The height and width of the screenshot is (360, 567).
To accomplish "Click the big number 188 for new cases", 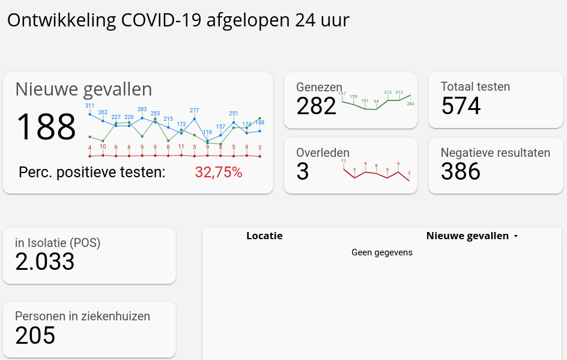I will pyautogui.click(x=46, y=127).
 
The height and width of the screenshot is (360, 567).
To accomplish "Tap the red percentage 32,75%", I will pyautogui.click(x=219, y=172).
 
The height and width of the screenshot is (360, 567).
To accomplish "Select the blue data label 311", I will pyautogui.click(x=89, y=106).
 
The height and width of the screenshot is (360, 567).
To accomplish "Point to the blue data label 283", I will pyautogui.click(x=142, y=109).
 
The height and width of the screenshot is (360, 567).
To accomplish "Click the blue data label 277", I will pyautogui.click(x=194, y=111).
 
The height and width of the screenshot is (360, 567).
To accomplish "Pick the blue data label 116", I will pyautogui.click(x=207, y=132).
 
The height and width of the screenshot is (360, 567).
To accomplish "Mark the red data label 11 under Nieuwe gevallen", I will pyautogui.click(x=181, y=147).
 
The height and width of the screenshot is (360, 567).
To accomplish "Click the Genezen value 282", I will pyautogui.click(x=316, y=106).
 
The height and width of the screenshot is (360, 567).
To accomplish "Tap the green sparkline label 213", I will pyautogui.click(x=387, y=93).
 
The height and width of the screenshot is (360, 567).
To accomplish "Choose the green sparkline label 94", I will pyautogui.click(x=376, y=102).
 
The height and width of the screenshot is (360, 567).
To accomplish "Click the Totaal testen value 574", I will pyautogui.click(x=461, y=106).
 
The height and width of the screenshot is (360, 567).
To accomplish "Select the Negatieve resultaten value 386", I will pyautogui.click(x=461, y=172).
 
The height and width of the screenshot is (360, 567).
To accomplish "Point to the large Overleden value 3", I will pyautogui.click(x=303, y=172).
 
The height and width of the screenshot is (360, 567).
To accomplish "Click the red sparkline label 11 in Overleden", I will pyautogui.click(x=344, y=161).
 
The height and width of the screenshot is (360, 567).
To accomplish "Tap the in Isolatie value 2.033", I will pyautogui.click(x=45, y=261).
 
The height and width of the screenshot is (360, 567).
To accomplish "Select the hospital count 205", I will pyautogui.click(x=35, y=335).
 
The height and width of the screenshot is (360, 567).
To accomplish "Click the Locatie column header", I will pyautogui.click(x=264, y=236).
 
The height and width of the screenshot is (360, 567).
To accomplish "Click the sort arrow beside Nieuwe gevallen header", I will pyautogui.click(x=515, y=236).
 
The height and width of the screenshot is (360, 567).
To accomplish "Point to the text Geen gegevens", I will pyautogui.click(x=382, y=252).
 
